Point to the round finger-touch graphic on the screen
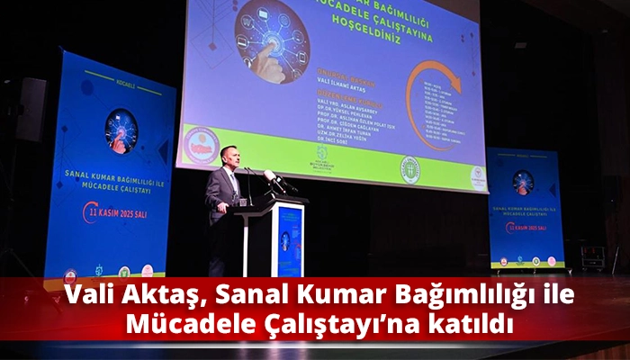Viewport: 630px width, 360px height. [272, 40]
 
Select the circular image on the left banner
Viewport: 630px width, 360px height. [121, 130]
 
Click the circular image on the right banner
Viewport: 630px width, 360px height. [522, 183]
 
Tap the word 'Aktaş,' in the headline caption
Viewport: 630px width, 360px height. [157, 296]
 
